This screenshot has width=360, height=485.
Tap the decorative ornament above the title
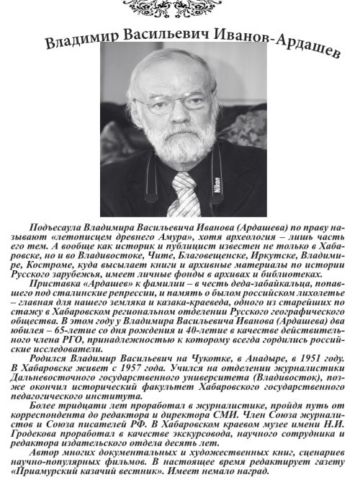179,9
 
